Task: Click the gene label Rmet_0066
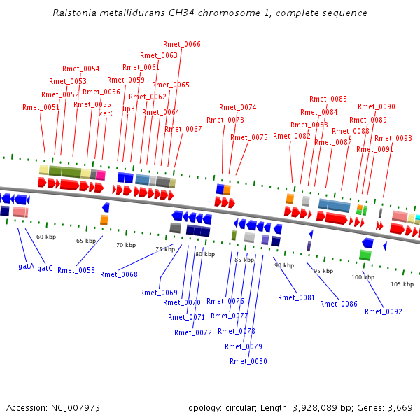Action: click(182, 44)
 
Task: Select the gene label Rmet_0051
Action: click(41, 107)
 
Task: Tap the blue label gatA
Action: click(26, 267)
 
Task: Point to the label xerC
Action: click(106, 113)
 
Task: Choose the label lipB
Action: click(129, 108)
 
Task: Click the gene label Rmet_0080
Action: click(248, 361)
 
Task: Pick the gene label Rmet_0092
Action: click(384, 311)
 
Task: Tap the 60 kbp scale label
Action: click(45, 237)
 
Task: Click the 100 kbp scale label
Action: click(363, 277)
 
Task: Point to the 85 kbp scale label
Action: click(244, 260)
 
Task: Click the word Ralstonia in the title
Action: click(71, 13)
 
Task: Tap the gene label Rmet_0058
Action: click(76, 269)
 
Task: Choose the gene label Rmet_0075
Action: click(249, 137)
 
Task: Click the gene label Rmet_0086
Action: click(339, 304)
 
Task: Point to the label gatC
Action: click(45, 268)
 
